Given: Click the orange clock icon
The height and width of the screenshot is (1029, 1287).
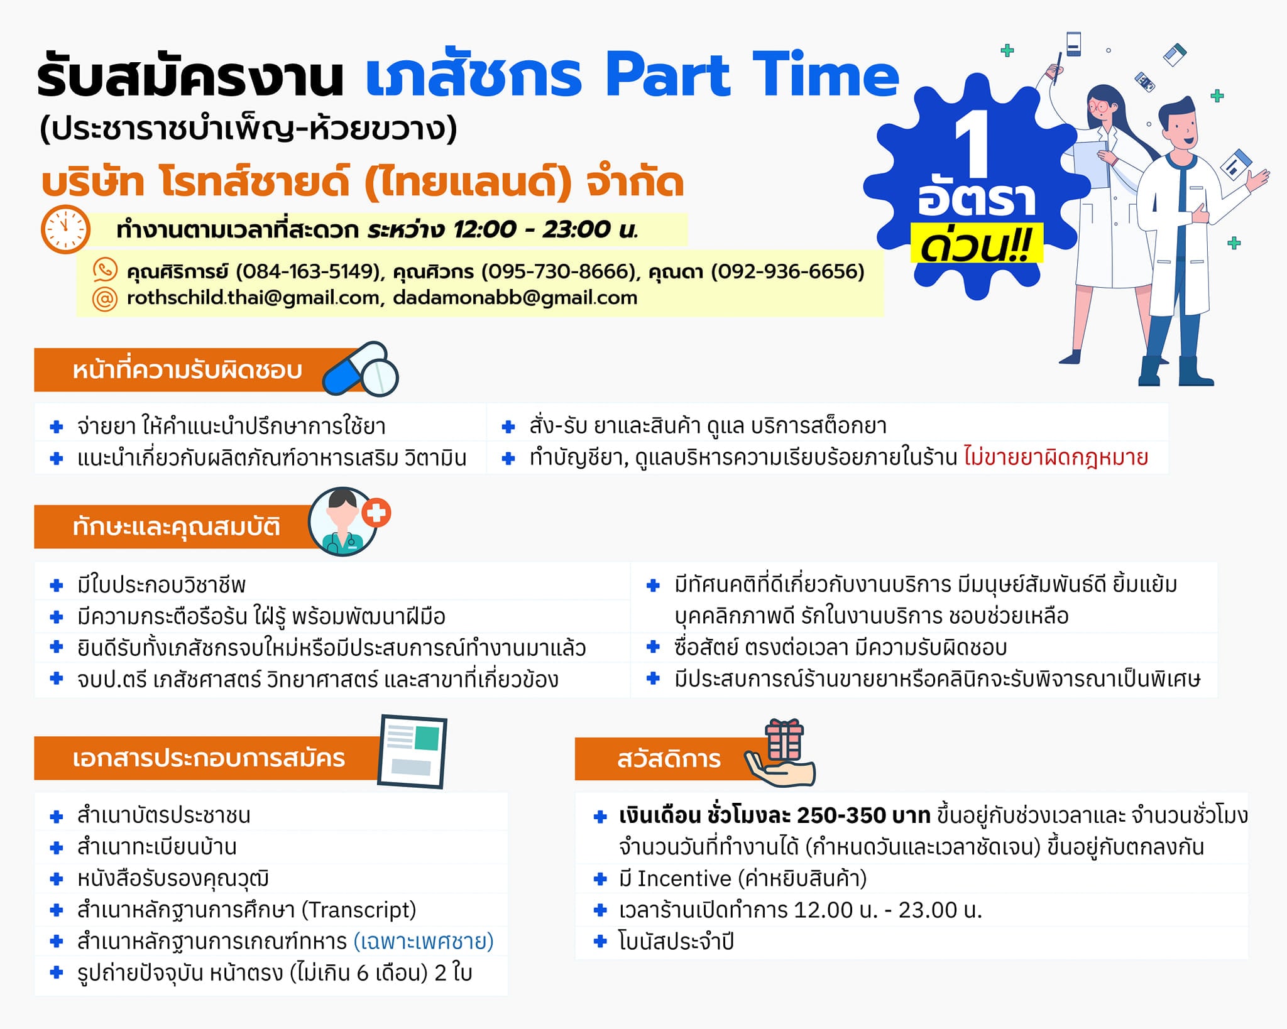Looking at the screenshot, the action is click(x=65, y=229).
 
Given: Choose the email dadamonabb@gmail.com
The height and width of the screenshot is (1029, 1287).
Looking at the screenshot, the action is click(x=515, y=298).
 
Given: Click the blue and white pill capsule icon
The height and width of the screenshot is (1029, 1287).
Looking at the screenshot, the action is click(x=360, y=369).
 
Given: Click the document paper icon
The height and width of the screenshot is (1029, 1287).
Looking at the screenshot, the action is click(x=412, y=751).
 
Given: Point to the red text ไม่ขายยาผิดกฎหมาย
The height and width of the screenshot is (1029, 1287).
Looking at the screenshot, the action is click(x=1056, y=457).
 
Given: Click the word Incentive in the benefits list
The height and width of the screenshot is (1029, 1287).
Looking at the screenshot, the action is click(x=684, y=878).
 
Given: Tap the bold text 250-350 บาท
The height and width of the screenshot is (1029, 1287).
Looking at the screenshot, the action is click(x=863, y=815).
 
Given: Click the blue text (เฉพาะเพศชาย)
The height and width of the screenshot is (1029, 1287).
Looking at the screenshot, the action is click(x=424, y=942).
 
